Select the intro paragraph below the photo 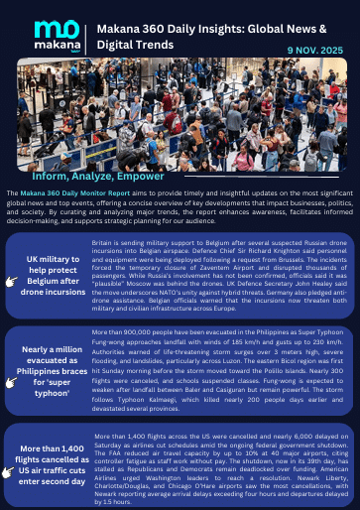click(x=180, y=207)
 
